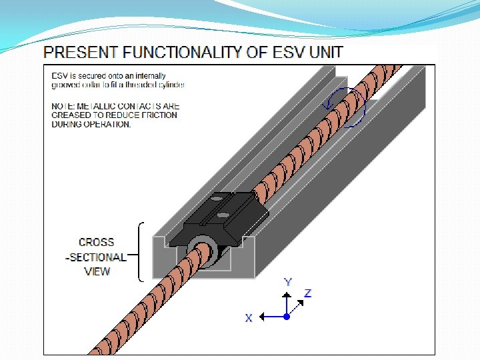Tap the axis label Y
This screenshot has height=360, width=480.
[x=287, y=282]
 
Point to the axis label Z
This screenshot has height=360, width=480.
[x=307, y=293]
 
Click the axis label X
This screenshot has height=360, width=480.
[x=249, y=319]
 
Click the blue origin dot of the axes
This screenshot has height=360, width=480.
[x=287, y=315]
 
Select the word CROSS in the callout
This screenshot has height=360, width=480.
[x=97, y=243]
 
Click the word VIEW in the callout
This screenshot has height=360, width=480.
[x=97, y=271]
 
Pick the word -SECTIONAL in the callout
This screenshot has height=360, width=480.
[x=96, y=257]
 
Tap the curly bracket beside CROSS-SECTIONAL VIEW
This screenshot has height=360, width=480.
[x=139, y=251]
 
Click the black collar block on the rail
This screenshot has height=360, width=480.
[x=220, y=217]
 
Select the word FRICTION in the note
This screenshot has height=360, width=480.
[x=157, y=115]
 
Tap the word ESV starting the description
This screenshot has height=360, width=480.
[x=59, y=76]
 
